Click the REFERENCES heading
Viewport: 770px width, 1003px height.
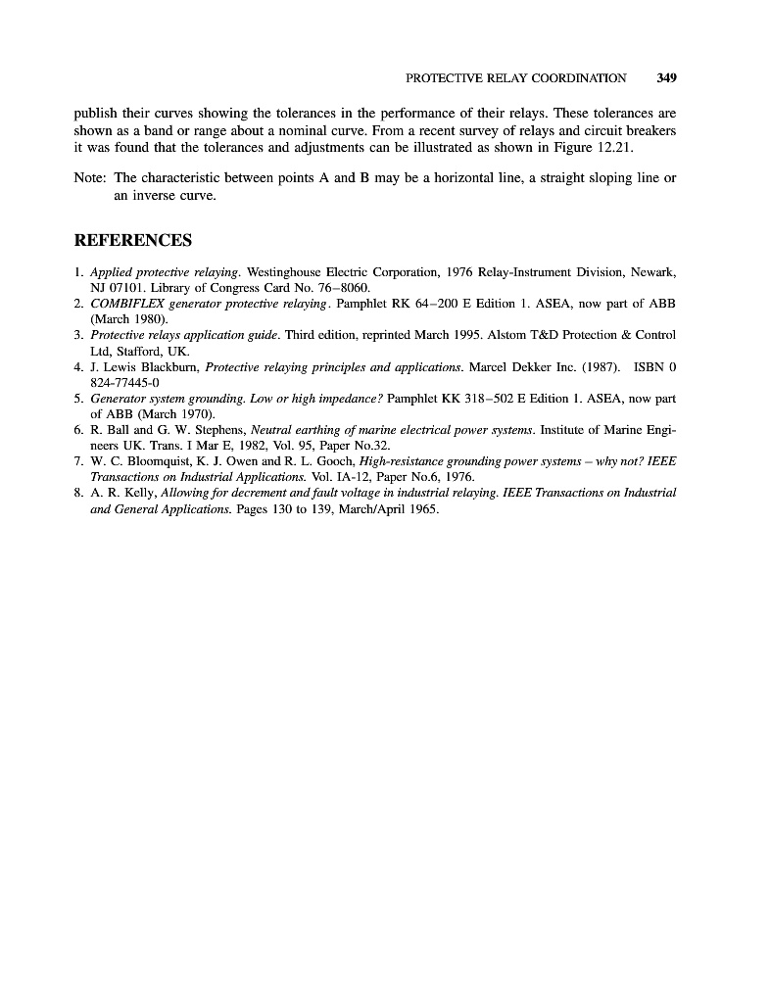coord(133,240)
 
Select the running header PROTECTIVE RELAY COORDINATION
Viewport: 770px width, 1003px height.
coord(515,77)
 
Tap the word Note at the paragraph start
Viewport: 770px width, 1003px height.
coord(90,178)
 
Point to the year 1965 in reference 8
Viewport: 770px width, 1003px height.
coord(421,509)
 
